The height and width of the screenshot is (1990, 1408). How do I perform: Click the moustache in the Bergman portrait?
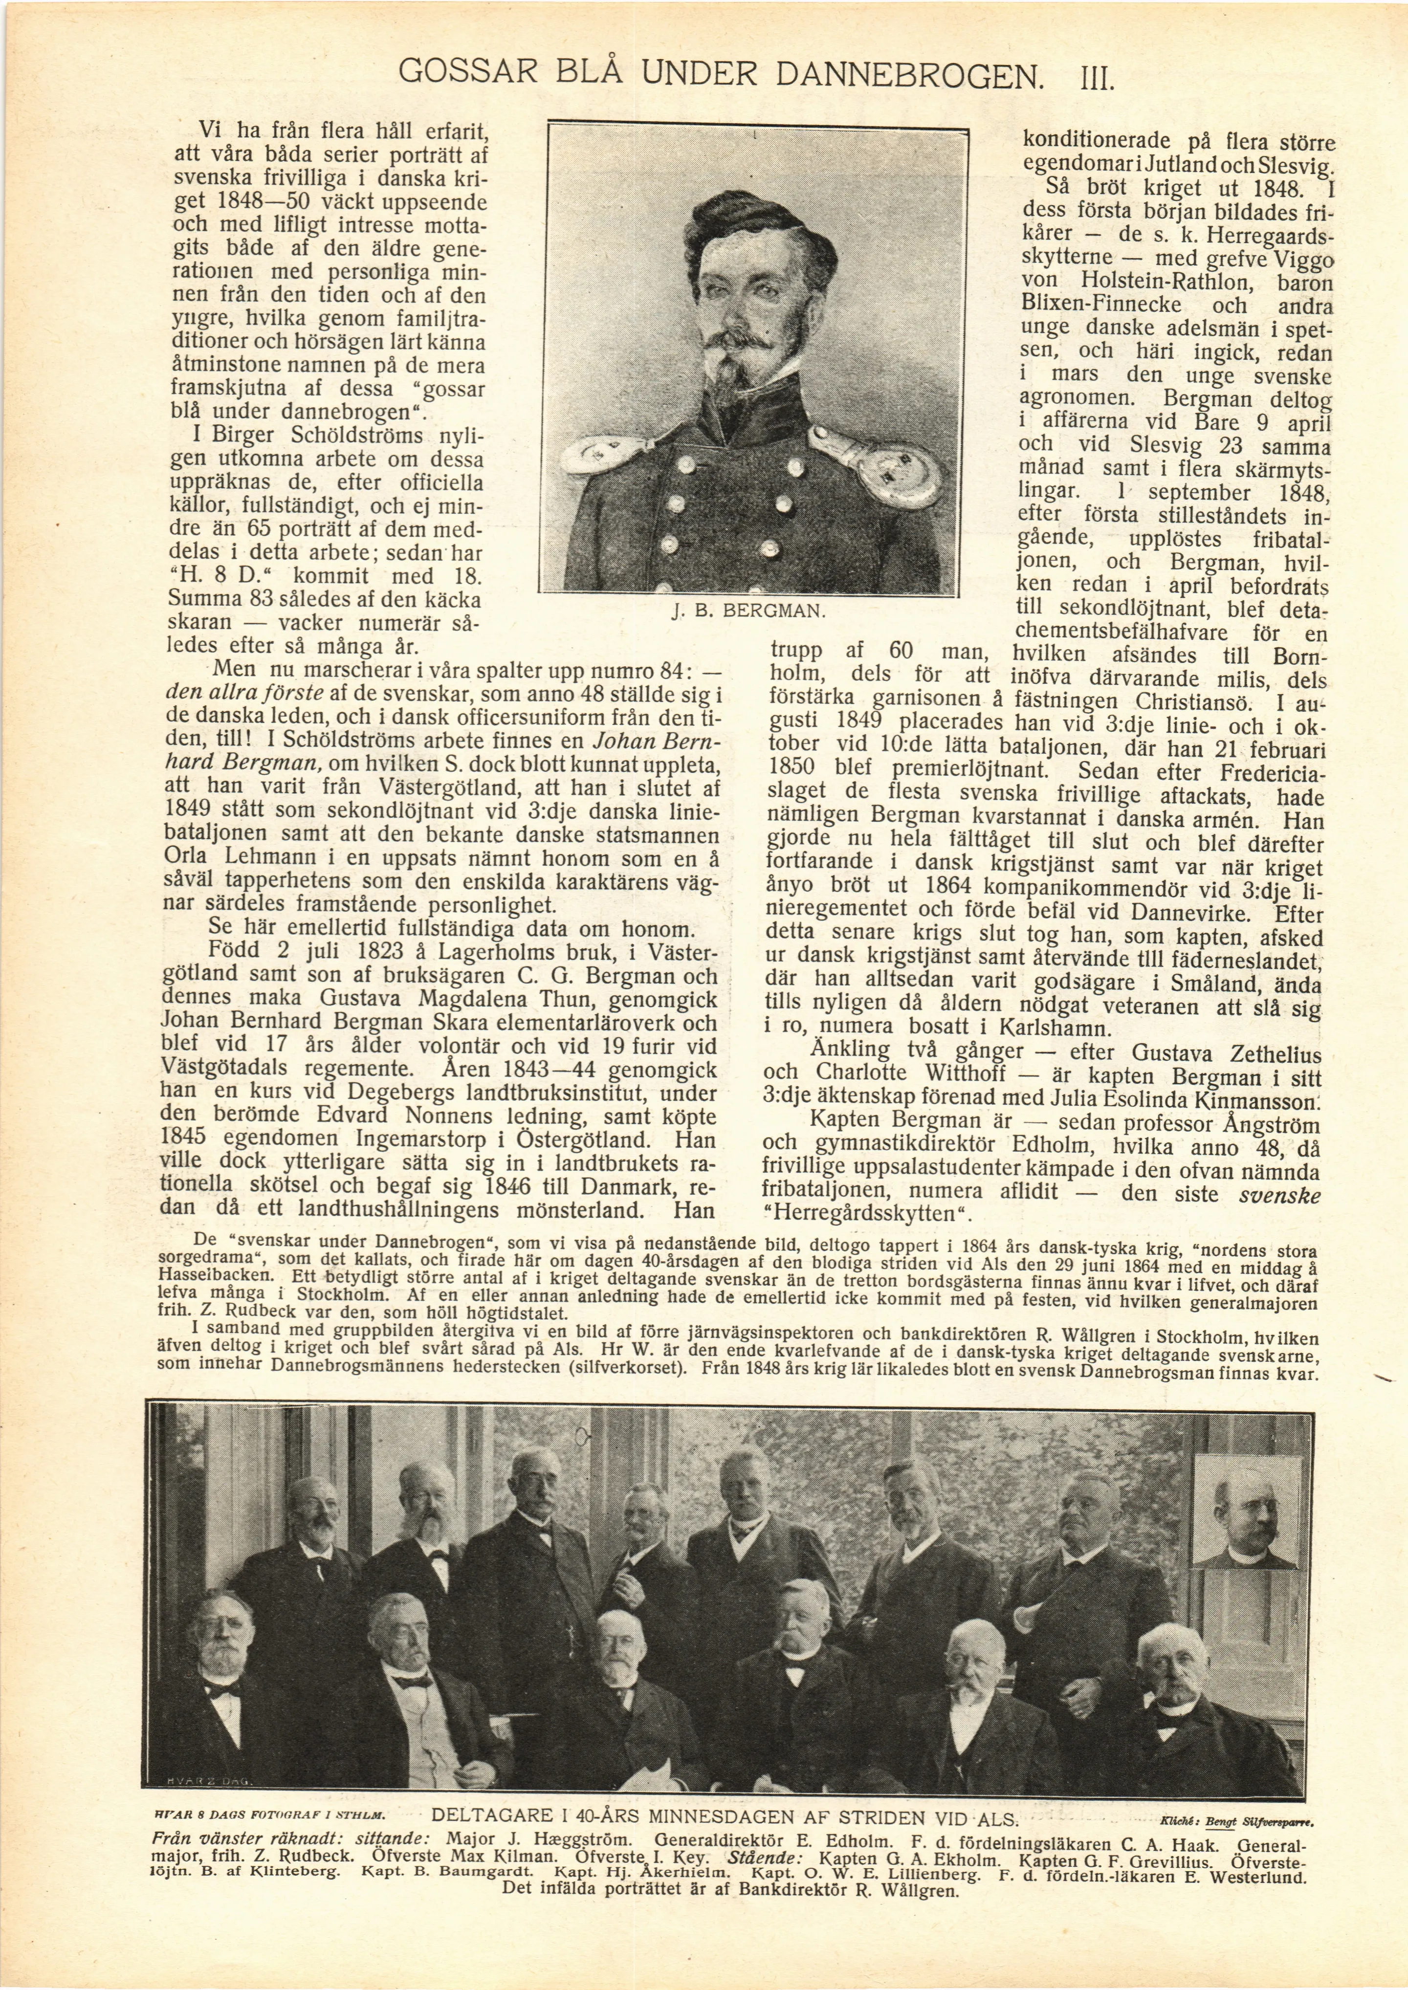click(746, 343)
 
